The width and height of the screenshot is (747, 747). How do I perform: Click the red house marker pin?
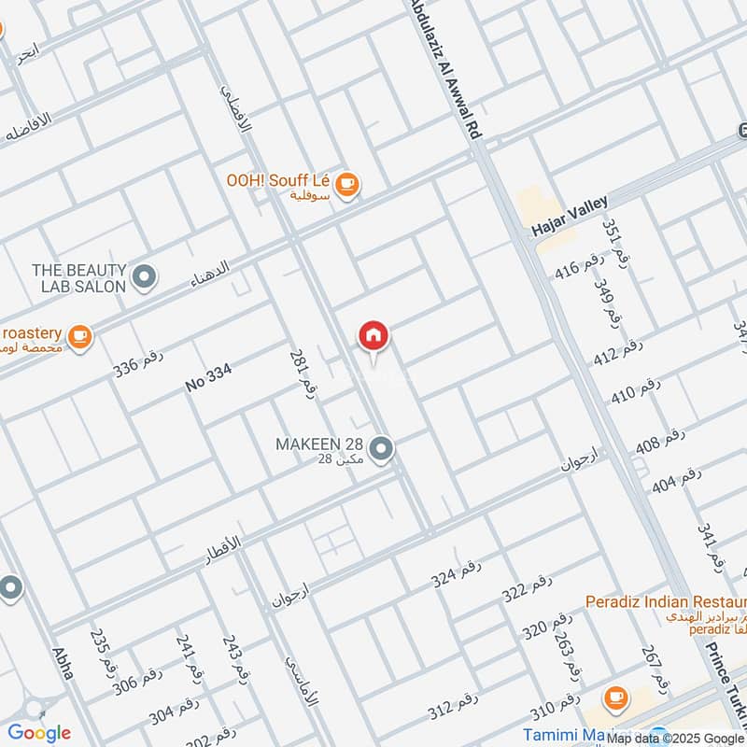coord(373,335)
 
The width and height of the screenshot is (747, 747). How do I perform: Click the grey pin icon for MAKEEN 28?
coord(380,450)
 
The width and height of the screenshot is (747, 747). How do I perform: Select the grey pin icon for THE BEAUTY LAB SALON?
coord(144,276)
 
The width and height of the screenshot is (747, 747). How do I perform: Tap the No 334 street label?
coord(208,377)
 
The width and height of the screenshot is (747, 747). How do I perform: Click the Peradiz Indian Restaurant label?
coord(665,601)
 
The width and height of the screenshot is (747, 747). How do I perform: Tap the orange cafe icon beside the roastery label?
coord(80,335)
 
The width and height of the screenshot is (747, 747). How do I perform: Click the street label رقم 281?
coord(301,373)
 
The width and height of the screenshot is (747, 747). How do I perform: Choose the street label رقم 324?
coord(456,573)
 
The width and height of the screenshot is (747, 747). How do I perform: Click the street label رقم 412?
coord(618,353)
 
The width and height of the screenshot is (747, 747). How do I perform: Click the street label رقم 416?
coord(579,267)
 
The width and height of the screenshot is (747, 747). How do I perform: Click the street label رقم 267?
coord(655,668)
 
